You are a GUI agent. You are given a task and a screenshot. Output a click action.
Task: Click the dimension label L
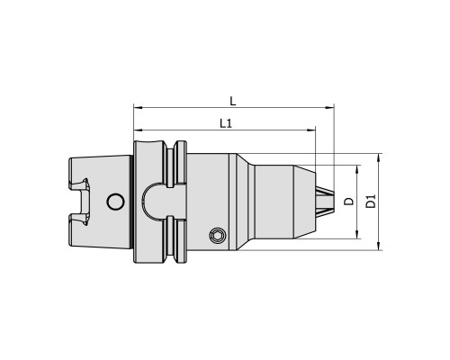tap(233, 101)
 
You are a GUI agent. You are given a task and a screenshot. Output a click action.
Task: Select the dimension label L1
tap(226, 123)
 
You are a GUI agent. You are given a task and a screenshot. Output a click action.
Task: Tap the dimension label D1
tap(371, 202)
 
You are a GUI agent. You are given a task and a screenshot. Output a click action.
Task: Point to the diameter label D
tap(349, 202)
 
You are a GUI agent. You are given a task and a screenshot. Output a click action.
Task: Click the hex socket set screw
tap(217, 236)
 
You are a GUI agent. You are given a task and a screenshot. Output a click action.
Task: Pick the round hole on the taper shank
tap(115, 202)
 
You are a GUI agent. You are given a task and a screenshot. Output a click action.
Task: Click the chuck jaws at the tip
tap(324, 202)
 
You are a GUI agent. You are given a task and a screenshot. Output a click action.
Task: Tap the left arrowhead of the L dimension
tap(138, 107)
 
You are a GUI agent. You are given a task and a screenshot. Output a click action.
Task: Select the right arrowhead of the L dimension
tap(329, 107)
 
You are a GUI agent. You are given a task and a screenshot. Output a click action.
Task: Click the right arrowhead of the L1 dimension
tap(311, 130)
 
